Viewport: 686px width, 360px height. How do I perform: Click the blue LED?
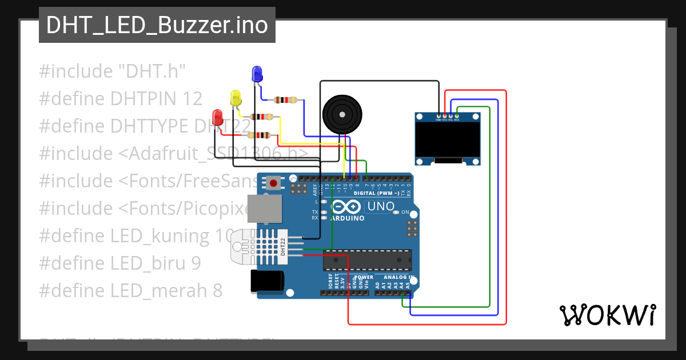pyautogui.click(x=257, y=74)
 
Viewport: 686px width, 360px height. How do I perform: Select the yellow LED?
pyautogui.click(x=236, y=98)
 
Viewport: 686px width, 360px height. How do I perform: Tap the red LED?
pyautogui.click(x=217, y=118)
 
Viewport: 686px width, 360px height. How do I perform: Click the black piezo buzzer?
pyautogui.click(x=341, y=114)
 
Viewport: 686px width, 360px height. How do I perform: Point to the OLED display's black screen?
pyautogui.click(x=447, y=141)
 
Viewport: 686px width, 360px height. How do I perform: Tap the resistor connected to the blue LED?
pyautogui.click(x=285, y=100)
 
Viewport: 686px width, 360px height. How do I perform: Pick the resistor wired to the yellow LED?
pyautogui.click(x=265, y=117)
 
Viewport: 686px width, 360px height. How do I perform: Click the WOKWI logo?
pyautogui.click(x=607, y=315)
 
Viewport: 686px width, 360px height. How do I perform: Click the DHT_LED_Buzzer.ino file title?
pyautogui.click(x=157, y=25)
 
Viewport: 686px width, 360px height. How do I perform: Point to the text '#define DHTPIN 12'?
pyautogui.click(x=121, y=99)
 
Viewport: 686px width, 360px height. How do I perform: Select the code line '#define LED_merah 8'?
pyautogui.click(x=130, y=291)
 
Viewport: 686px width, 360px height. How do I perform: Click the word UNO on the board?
pyautogui.click(x=381, y=206)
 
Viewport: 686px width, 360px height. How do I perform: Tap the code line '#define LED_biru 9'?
pyautogui.click(x=120, y=263)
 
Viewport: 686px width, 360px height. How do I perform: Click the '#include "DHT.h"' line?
pyautogui.click(x=113, y=71)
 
